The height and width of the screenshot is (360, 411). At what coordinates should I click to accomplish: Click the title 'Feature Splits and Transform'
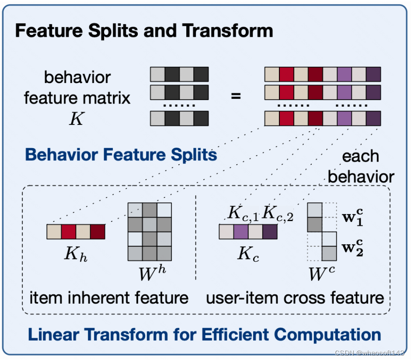tap(144, 31)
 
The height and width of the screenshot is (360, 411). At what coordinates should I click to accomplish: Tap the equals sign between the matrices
tap(236, 96)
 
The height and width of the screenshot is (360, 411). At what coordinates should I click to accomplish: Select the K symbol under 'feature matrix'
tap(77, 119)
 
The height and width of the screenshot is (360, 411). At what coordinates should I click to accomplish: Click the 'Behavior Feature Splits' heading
tap(121, 155)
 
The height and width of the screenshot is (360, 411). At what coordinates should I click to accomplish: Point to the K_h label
tap(77, 253)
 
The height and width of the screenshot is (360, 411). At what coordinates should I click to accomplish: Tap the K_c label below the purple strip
tap(248, 254)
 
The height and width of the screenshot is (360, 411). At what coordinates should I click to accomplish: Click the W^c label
tap(322, 273)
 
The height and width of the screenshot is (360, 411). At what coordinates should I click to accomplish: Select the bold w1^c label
tap(352, 217)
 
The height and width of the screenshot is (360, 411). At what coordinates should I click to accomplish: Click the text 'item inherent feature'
tap(109, 298)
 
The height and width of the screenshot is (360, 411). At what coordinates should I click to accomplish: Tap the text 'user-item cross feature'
tap(295, 298)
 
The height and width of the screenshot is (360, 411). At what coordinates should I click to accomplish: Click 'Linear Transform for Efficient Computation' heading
tap(205, 335)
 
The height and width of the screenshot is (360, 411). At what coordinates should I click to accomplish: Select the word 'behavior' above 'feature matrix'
tap(77, 77)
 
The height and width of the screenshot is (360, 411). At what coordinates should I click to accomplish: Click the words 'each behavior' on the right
tap(361, 167)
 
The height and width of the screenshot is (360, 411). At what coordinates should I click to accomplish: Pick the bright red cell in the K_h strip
tap(69, 232)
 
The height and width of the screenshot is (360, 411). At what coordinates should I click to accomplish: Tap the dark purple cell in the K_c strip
tap(270, 232)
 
